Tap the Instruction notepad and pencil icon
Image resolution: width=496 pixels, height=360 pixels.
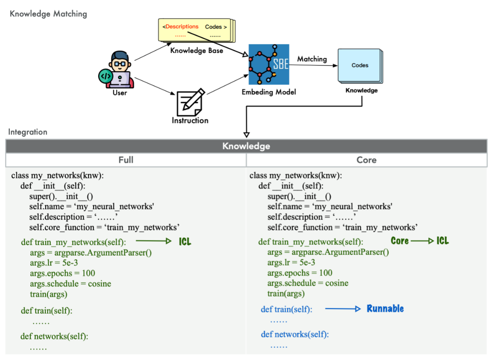[190, 101]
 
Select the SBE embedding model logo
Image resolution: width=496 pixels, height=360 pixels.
[269, 64]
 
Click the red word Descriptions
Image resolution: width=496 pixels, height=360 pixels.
[182, 26]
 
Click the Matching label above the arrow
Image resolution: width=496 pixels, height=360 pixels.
[312, 59]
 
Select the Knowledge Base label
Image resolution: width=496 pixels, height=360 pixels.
[197, 51]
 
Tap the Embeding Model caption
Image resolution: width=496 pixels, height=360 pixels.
[269, 92]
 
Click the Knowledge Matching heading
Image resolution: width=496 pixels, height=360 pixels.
[48, 14]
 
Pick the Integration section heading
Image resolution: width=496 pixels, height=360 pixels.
[28, 132]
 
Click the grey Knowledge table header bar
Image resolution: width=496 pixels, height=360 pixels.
[246, 146]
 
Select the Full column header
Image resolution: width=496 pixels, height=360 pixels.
[126, 160]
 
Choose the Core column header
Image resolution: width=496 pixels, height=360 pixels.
[366, 160]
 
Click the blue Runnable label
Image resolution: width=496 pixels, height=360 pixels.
[385, 309]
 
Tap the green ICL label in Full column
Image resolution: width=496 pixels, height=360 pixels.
[185, 242]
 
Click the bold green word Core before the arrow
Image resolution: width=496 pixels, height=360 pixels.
[399, 241]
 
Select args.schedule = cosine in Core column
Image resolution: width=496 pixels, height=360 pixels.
[308, 283]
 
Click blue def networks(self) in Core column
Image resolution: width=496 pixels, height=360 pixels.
[295, 334]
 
